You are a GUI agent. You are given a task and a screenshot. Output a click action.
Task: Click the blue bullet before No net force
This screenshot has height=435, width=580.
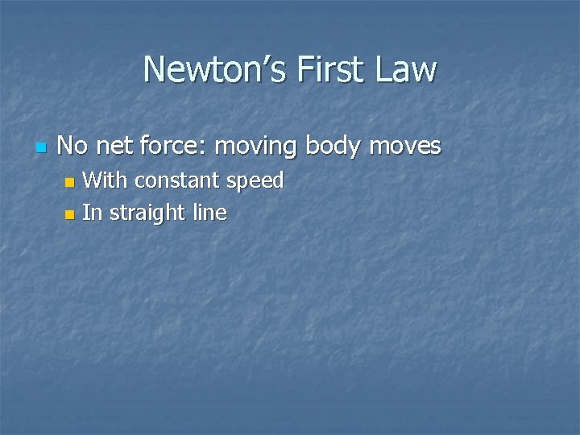pyautogui.click(x=41, y=148)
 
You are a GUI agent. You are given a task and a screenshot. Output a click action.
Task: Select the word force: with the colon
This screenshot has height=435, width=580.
pyautogui.click(x=183, y=146)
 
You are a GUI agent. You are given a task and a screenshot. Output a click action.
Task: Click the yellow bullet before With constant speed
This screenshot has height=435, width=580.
pyautogui.click(x=69, y=183)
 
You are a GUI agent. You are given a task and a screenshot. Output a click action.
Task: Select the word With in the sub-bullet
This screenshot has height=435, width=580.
pyautogui.click(x=106, y=180)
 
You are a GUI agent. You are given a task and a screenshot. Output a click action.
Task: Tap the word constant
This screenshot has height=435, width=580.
pyautogui.click(x=178, y=180)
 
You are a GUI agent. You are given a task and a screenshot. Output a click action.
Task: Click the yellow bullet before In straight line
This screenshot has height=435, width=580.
pyautogui.click(x=69, y=215)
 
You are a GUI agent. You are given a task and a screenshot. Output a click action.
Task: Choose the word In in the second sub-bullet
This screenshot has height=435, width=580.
pyautogui.click(x=92, y=213)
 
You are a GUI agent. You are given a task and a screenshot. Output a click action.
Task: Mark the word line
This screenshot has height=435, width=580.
pyautogui.click(x=209, y=213)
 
